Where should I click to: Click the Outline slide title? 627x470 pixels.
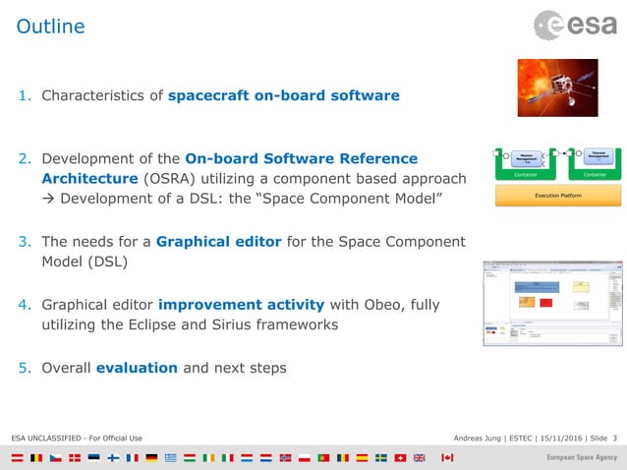tap(50, 27)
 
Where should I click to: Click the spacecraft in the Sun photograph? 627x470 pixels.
tap(553, 88)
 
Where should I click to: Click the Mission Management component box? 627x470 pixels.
tap(526, 155)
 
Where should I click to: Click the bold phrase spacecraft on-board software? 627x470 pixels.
tap(283, 96)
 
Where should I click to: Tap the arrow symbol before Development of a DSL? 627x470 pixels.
tap(48, 201)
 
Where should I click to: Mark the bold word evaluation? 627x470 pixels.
tap(137, 368)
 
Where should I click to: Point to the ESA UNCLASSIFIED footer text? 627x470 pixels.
tap(77, 437)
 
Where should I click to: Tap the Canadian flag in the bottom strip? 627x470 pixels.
tap(447, 458)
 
